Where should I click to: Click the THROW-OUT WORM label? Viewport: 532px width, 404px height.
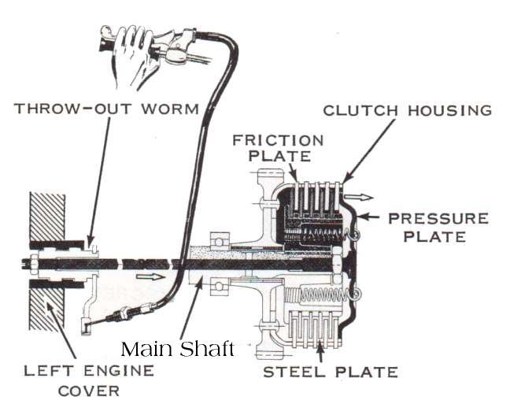pyautogui.click(x=107, y=108)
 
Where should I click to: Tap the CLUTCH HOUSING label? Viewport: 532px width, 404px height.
pyautogui.click(x=408, y=110)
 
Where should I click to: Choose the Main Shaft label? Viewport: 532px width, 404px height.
pyautogui.click(x=178, y=348)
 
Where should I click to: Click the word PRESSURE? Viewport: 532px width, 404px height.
pyautogui.click(x=438, y=217)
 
